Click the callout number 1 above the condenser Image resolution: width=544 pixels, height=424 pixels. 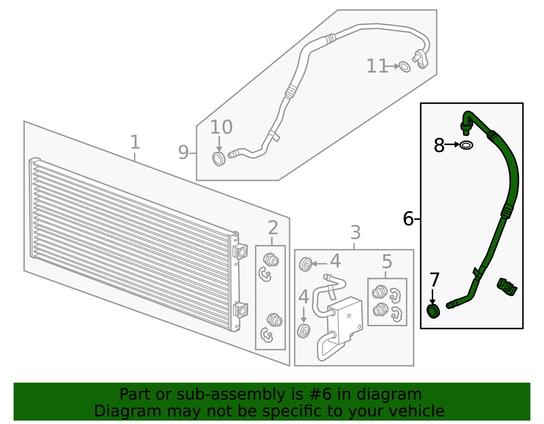[x=135, y=142]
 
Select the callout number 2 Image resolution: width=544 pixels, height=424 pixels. [x=273, y=228]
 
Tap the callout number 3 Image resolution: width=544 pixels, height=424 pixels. [x=356, y=233]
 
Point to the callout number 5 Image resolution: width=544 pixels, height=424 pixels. [x=387, y=262]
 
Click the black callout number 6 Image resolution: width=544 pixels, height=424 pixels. [x=408, y=218]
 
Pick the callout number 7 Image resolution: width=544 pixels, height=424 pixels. [x=435, y=280]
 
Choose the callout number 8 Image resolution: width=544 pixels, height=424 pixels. [x=439, y=145]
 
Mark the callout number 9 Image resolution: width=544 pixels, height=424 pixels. [x=183, y=152]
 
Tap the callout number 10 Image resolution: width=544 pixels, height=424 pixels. [x=221, y=127]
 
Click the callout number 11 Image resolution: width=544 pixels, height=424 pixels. [x=377, y=66]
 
